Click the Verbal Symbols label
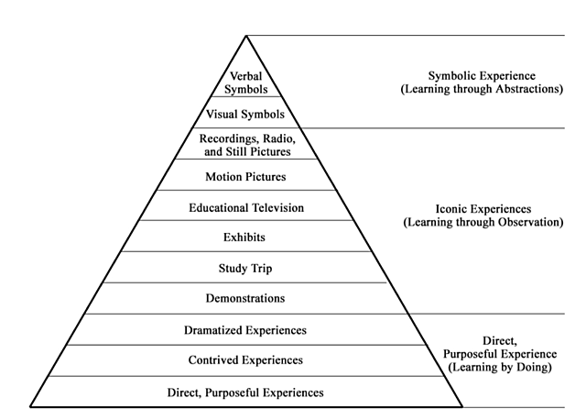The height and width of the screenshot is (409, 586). [245, 83]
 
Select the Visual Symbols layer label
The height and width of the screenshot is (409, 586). [245, 115]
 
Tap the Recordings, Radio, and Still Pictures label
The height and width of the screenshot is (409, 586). [245, 145]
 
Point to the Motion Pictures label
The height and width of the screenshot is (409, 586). [245, 176]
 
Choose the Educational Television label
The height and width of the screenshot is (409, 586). [245, 207]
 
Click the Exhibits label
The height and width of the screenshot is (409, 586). [244, 238]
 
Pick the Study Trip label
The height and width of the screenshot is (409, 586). [244, 269]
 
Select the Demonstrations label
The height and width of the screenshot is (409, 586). [244, 298]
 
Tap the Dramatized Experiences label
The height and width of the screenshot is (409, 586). [245, 330]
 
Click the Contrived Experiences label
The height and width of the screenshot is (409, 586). [245, 360]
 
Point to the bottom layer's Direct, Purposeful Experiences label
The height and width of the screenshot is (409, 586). [245, 392]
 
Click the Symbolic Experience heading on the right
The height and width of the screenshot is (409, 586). [483, 75]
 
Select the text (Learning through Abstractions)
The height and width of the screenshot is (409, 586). [483, 90]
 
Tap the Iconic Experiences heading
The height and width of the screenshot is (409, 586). [483, 208]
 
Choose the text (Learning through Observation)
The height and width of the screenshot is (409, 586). [483, 222]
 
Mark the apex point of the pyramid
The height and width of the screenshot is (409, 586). [245, 36]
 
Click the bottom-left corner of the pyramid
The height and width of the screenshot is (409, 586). [30, 405]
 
